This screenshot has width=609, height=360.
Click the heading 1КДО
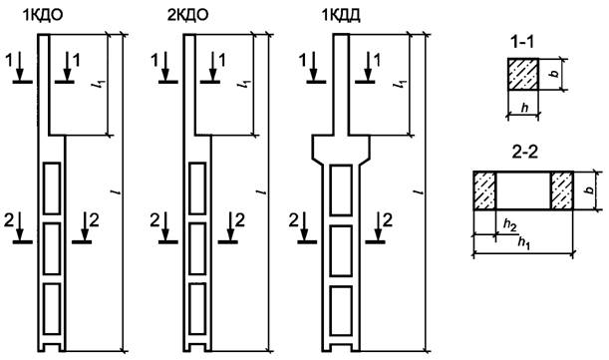(43, 15)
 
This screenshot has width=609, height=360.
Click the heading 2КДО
(188, 15)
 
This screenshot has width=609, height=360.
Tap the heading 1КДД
(341, 15)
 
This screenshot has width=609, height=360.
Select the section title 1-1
(522, 42)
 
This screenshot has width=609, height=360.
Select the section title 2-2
(524, 153)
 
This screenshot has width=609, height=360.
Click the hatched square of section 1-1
(522, 74)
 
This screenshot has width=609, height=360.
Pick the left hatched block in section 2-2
(484, 190)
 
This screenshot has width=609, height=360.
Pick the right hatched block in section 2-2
(561, 190)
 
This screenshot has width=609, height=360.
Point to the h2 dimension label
(510, 224)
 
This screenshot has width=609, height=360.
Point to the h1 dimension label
(524, 242)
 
